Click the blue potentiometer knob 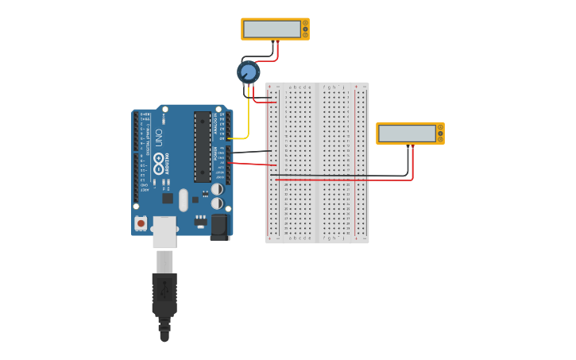point(248,72)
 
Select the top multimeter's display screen point(272,29)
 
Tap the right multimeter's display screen point(407,134)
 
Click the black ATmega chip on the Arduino point(202,146)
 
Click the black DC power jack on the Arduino point(219,226)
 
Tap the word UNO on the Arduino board point(158,137)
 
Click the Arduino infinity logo point(159,164)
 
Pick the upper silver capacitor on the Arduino point(217,189)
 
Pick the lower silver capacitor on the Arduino point(217,203)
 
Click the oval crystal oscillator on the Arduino point(184,199)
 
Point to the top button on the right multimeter point(440,126)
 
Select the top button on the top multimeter point(305,22)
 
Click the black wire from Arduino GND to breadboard point(250,151)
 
